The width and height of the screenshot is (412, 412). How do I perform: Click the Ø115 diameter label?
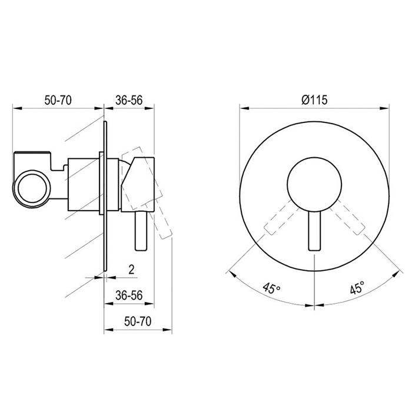314,100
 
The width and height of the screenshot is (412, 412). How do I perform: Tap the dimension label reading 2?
131,270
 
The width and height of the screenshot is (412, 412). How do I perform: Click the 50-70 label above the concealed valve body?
58,100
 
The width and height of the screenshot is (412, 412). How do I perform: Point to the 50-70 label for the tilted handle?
138,321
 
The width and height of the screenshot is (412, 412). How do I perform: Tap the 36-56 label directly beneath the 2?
129,295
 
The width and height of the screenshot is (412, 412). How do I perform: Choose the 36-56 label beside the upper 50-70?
129,100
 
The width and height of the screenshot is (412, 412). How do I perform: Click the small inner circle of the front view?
314,185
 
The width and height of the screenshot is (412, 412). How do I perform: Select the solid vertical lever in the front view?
314,230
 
